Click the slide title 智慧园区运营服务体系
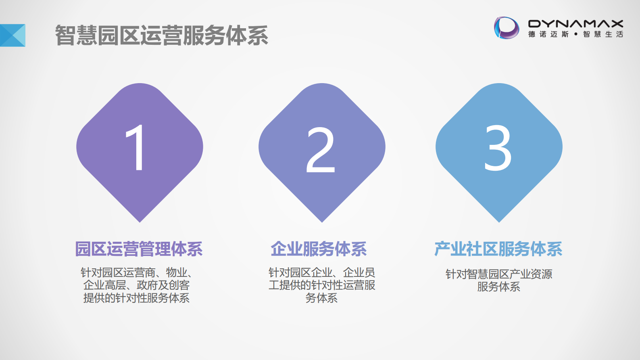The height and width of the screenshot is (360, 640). [x=161, y=35]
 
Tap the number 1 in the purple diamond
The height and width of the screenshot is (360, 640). [x=136, y=147]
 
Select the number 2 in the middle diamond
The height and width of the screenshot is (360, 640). [x=321, y=149]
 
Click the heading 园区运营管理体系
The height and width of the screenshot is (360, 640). [x=139, y=249]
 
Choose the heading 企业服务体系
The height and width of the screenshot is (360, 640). [x=319, y=249]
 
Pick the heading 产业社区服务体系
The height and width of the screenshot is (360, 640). [x=498, y=249]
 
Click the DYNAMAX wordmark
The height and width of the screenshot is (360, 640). [x=575, y=24]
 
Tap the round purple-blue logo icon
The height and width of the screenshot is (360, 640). [x=507, y=28]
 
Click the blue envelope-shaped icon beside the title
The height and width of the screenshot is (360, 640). [x=13, y=35]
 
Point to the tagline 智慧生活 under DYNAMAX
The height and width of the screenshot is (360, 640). [x=603, y=34]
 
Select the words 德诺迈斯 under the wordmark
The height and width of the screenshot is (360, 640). [x=548, y=34]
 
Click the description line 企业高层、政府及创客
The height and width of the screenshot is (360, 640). [x=136, y=285]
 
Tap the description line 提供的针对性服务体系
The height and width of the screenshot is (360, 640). [x=136, y=298]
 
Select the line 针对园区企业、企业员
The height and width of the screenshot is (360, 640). [x=322, y=272]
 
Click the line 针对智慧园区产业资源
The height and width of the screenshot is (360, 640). [x=499, y=274]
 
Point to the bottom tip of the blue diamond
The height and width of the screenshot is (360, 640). [x=499, y=221]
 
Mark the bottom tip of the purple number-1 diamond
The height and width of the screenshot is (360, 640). [x=140, y=221]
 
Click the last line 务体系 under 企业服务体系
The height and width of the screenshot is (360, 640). [x=321, y=298]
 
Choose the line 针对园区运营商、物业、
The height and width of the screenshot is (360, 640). [x=136, y=272]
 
